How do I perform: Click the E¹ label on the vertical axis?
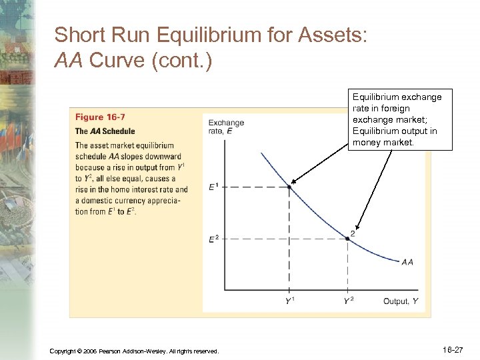pyautogui.click(x=213, y=187)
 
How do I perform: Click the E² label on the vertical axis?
pyautogui.click(x=213, y=238)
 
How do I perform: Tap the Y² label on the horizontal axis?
pyautogui.click(x=348, y=301)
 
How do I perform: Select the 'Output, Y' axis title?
pyautogui.click(x=401, y=301)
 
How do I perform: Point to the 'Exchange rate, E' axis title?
pyautogui.click(x=226, y=127)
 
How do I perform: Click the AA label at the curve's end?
pyautogui.click(x=407, y=262)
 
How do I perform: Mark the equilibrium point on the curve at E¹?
pyautogui.click(x=289, y=187)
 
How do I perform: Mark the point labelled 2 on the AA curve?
pyautogui.click(x=348, y=238)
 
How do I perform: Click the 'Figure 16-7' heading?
pyautogui.click(x=99, y=118)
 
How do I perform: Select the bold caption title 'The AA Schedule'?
pyautogui.click(x=105, y=131)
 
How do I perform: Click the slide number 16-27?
pyautogui.click(x=453, y=349)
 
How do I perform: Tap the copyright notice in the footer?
pyautogui.click(x=134, y=351)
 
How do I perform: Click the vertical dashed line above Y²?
pyautogui.click(x=348, y=267)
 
